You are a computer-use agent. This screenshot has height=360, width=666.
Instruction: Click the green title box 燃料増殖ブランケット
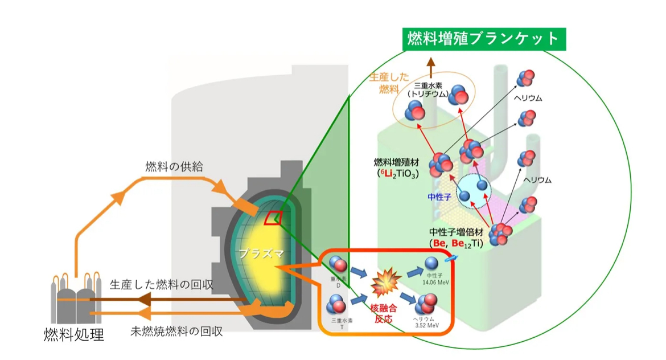(483, 39)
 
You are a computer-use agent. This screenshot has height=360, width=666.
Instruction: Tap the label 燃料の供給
(174, 167)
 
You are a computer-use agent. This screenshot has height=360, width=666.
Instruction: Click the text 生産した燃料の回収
(162, 284)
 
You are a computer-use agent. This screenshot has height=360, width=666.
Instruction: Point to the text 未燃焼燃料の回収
(176, 331)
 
